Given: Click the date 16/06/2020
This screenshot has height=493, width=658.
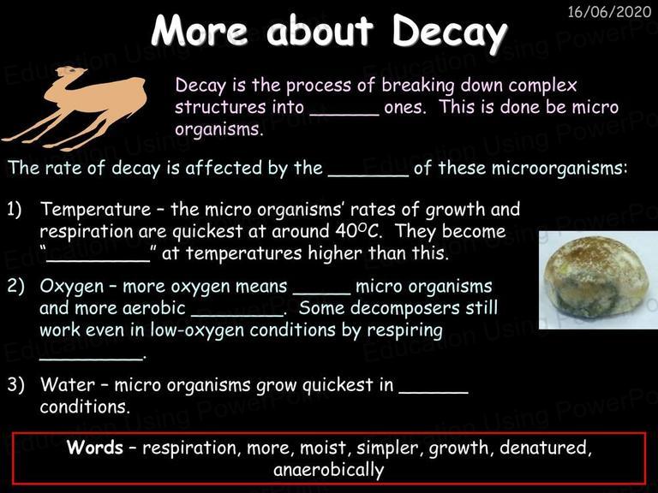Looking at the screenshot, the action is (609, 11).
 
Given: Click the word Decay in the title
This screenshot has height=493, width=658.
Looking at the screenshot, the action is (449, 33).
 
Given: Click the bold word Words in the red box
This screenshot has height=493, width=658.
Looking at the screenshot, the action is (95, 448).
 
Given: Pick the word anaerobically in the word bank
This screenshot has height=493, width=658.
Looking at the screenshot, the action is (329, 470).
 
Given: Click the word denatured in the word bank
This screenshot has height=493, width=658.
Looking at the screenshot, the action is (546, 448).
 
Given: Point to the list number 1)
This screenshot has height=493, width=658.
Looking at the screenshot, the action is (15, 209).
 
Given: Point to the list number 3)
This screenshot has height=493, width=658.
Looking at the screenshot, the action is (15, 384).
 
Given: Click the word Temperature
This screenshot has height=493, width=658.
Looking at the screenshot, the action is (95, 209).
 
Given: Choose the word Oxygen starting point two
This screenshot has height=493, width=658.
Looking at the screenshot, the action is (71, 287).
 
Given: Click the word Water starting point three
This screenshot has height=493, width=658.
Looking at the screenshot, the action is (68, 384).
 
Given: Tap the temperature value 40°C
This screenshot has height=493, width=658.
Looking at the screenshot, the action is (362, 230).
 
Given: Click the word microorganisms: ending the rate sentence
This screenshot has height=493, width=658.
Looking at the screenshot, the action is (559, 169).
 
